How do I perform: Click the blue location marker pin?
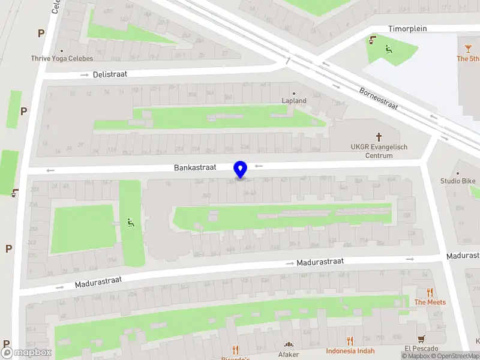241,170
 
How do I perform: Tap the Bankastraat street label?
195,168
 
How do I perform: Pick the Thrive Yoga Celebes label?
62,58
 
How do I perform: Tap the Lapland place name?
294,101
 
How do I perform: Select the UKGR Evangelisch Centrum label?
379,151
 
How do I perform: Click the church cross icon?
379,137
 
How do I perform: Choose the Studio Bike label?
458,181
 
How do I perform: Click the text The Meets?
430,302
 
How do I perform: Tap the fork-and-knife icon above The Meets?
430,292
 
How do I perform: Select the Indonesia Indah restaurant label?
350,351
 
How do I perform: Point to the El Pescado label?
422,349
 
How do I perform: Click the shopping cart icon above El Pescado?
422,338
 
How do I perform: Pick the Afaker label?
288,354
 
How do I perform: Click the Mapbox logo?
27,353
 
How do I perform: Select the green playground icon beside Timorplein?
388,49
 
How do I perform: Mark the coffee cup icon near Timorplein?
372,41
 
